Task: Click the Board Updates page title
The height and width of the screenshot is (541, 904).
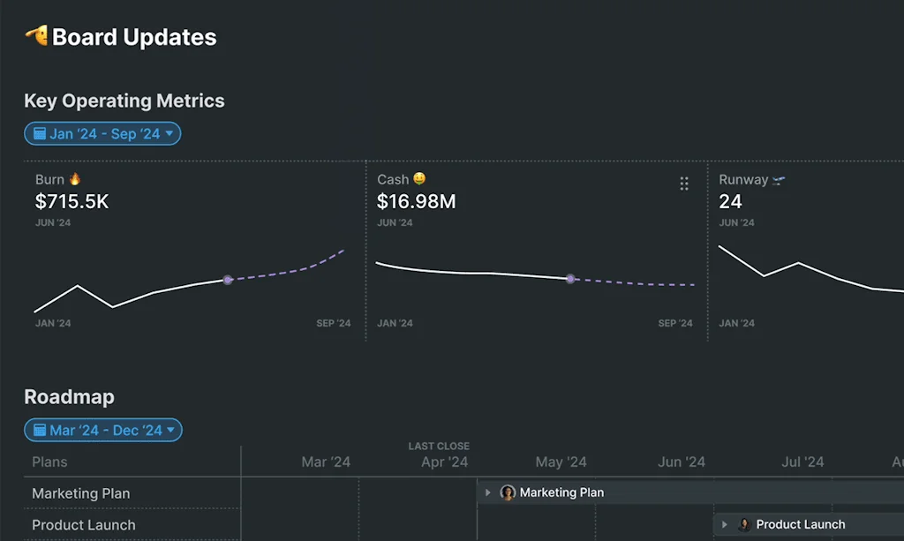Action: point(134,37)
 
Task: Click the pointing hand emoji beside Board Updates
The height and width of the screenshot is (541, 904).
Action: point(36,36)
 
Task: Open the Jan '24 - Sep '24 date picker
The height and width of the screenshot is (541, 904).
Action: point(102,134)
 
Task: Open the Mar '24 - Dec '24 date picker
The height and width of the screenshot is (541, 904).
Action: point(102,431)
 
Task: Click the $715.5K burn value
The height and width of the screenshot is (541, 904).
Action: point(72,201)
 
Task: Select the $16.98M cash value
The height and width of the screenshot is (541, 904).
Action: point(416,201)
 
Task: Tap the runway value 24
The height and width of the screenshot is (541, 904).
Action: point(730,201)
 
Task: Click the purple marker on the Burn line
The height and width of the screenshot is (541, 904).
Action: point(228,280)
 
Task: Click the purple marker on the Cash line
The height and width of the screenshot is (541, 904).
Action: point(570,279)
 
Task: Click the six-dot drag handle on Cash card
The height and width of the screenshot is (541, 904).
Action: point(684,184)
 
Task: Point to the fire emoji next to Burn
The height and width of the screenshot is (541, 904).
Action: point(75,179)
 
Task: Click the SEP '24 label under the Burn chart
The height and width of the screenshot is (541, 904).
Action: point(333,323)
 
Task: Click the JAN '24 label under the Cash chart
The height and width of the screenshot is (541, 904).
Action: point(395,323)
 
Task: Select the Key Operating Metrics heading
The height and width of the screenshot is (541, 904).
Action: point(124,101)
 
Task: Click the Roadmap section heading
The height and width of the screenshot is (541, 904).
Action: point(69,397)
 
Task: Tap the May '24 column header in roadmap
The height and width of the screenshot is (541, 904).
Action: point(561,462)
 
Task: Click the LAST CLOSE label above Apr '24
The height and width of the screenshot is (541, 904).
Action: point(439,447)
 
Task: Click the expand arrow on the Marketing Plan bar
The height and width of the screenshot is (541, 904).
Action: point(488,492)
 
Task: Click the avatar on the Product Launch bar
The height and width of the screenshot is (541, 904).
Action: point(744,524)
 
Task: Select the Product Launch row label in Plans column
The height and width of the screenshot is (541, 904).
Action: point(84,525)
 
